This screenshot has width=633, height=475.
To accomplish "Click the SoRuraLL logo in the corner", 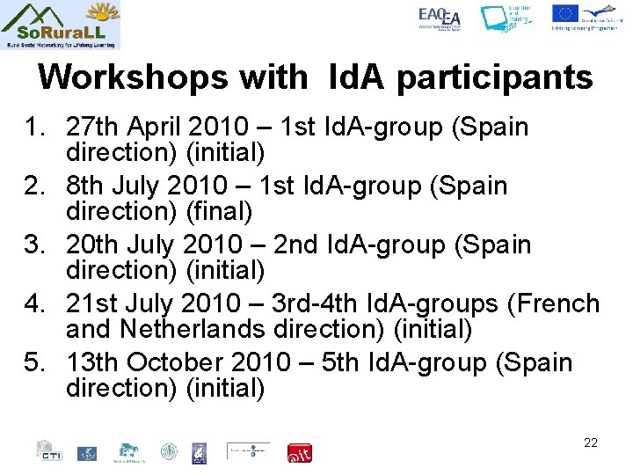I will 61,26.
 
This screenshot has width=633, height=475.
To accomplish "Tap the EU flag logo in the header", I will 564,13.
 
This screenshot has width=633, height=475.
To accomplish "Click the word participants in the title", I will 495,77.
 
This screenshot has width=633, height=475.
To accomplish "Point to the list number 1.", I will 35,128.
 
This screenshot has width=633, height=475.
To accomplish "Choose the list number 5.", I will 35,362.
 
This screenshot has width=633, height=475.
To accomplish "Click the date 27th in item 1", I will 92,128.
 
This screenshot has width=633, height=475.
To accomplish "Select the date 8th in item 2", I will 85,186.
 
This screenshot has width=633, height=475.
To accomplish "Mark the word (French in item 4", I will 553,304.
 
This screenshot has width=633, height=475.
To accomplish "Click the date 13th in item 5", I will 92,362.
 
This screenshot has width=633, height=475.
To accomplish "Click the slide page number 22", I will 590,442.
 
